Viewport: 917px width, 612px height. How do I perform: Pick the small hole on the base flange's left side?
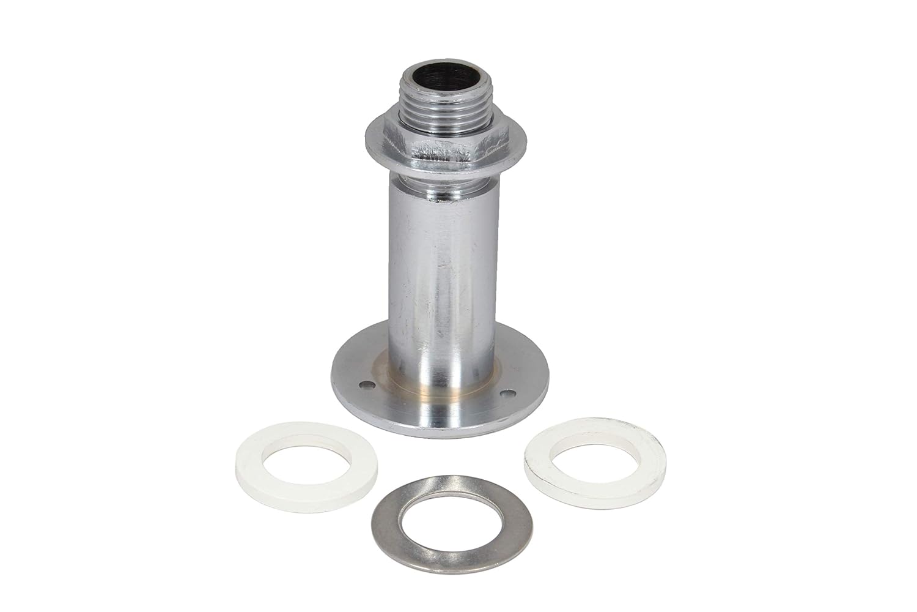pyautogui.click(x=365, y=384)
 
